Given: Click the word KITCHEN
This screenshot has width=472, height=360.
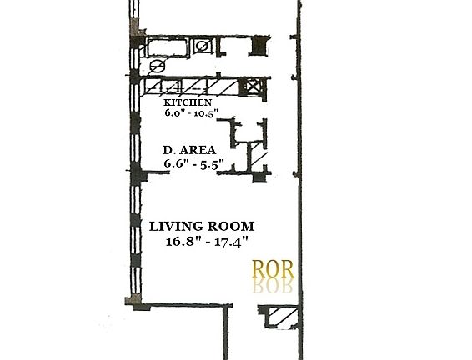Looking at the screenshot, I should click(x=193, y=103).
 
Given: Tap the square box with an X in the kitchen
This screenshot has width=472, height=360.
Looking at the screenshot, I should click(x=250, y=86).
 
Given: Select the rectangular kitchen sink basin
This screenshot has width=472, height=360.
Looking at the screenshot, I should click(x=168, y=47).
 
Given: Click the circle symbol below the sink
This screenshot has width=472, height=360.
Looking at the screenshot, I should click(x=156, y=67).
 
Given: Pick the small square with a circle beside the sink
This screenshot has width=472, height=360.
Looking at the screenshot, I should click(x=203, y=46).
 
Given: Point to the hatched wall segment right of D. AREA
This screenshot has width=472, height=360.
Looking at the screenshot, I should click(x=259, y=155).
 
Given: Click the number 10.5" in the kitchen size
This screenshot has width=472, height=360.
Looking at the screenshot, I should click(x=212, y=115).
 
